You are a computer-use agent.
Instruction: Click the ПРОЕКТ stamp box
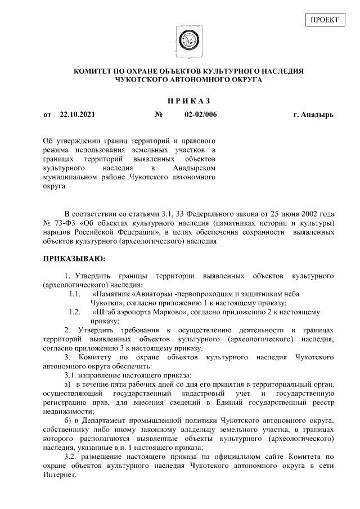point(325,20)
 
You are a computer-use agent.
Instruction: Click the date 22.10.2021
point(77,115)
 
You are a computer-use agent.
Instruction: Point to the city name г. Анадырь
point(313,115)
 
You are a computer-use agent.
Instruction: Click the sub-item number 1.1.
point(74,294)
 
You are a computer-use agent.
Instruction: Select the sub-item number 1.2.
point(74,311)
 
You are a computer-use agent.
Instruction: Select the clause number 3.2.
point(73,457)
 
